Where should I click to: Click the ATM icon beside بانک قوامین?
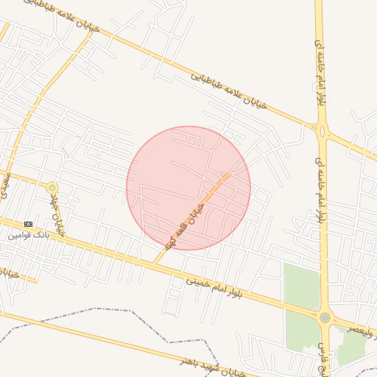29,224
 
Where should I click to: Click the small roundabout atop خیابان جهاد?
52,188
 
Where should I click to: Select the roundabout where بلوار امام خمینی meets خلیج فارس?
325,318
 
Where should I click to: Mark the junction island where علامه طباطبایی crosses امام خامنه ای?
322,130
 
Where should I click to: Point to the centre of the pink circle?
188,188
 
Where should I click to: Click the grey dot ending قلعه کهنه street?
223,175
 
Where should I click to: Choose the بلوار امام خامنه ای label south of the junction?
319,183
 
